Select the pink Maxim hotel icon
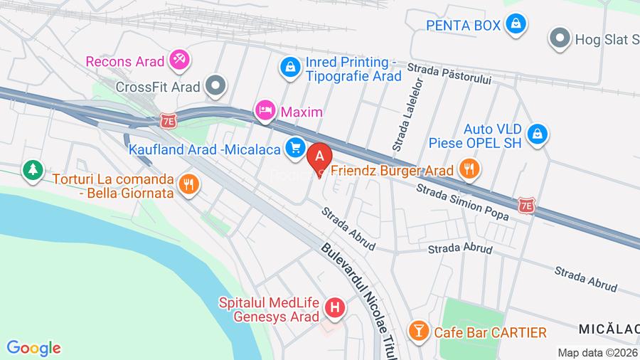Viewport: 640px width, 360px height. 265,111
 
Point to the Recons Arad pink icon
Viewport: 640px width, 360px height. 178,61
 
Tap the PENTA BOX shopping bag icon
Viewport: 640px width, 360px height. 516,24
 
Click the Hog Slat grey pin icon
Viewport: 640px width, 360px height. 561,37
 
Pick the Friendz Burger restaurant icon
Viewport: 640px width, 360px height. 469,169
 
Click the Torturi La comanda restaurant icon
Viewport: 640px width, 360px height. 188,184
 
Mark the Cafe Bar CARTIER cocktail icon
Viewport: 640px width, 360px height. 418,331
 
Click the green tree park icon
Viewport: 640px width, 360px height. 32,169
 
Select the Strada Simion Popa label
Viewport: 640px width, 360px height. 462,201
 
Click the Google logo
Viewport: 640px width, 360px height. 33,348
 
